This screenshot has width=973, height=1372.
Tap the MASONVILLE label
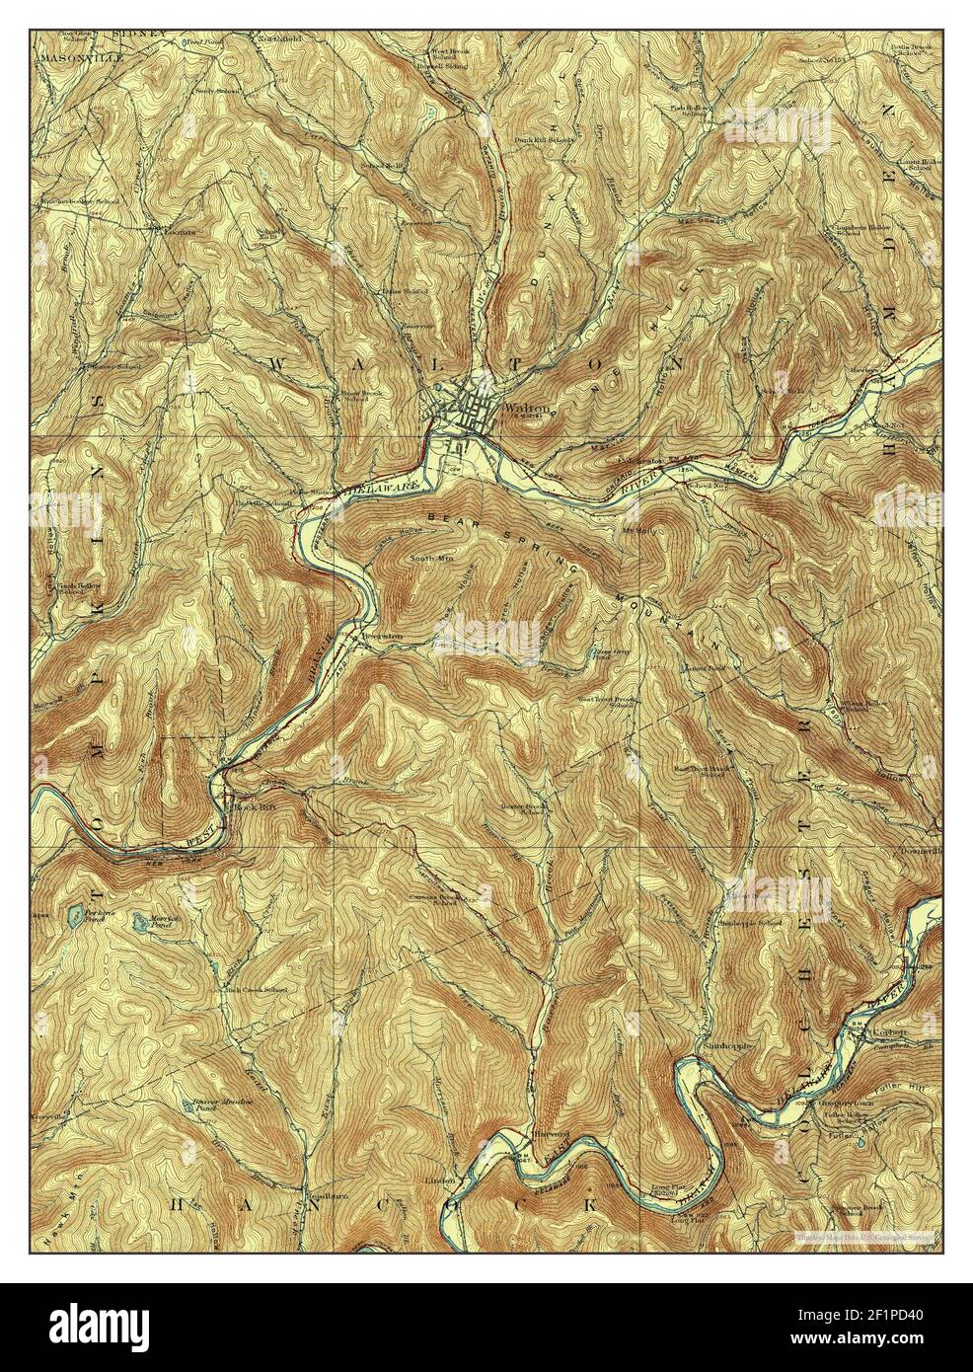tap(78, 58)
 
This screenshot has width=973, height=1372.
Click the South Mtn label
tap(431, 559)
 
